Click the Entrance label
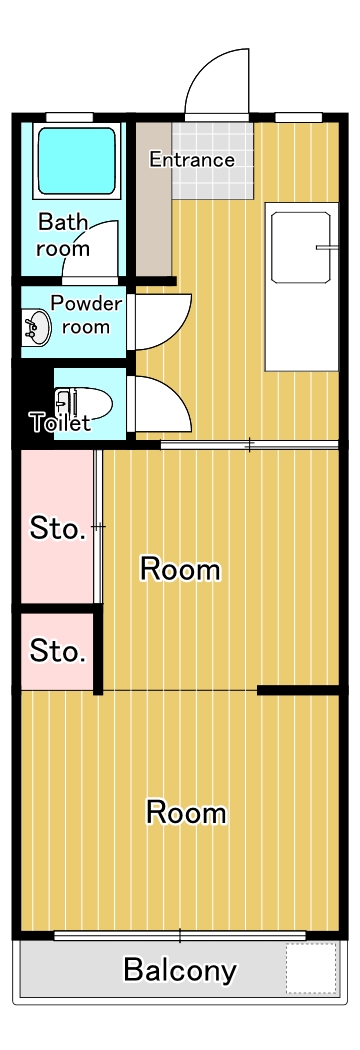coord(192,160)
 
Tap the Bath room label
coord(63,235)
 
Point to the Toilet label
coord(60,423)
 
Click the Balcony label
coord(180,969)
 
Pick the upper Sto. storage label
coord(57,528)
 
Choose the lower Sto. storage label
coord(57,652)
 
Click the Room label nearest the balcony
coord(186,812)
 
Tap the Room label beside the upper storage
coord(180,570)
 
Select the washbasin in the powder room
coord(37,327)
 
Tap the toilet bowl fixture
coord(84,403)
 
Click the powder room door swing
coord(160,320)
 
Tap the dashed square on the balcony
coord(310,968)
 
